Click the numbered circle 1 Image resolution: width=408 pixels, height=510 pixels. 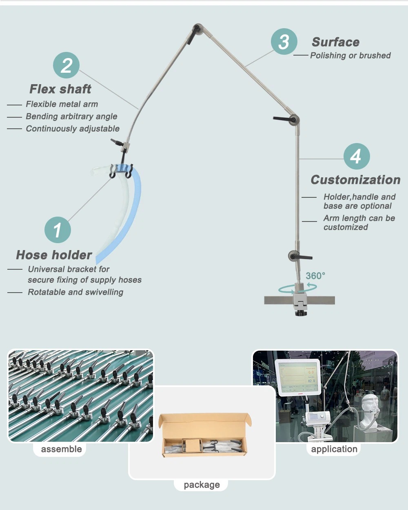point(58,230)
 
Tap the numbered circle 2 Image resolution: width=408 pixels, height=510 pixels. point(66,65)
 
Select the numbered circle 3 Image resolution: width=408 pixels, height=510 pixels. point(284,42)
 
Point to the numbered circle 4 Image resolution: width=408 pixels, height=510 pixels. point(356,156)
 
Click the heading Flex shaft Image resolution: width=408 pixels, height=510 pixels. point(60,89)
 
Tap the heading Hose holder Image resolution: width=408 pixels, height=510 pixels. point(54,255)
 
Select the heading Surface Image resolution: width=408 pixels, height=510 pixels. point(335,42)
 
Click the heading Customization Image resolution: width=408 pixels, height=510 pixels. point(355,180)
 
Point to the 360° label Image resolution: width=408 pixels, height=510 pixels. point(315,276)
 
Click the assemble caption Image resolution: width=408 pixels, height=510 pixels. point(61,449)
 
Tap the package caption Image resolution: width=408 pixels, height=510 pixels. point(202,485)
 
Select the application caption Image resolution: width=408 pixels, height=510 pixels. point(334,449)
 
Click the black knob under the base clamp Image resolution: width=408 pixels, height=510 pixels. point(301,313)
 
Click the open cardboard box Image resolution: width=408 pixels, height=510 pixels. point(204,435)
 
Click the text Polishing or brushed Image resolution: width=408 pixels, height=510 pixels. point(350,56)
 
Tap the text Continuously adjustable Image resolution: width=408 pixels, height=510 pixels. point(73,129)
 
